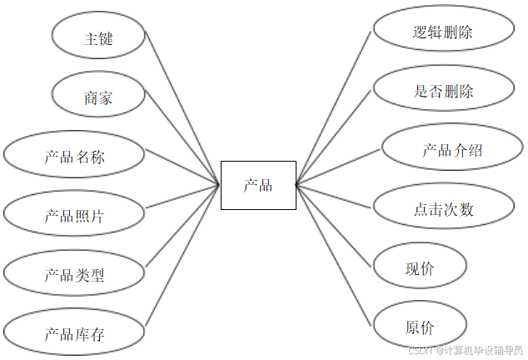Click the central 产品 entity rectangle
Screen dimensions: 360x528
[x=258, y=185]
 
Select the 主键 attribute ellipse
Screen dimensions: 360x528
[x=98, y=39]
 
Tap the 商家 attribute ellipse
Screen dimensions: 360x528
[x=98, y=97]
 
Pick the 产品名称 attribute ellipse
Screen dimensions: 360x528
[x=75, y=157]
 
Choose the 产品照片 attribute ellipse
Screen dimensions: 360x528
[x=75, y=215]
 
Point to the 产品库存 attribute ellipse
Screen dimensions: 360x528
[x=75, y=334]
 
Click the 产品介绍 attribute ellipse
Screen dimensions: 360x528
[x=452, y=150]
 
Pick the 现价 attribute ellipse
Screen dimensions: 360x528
[x=420, y=268]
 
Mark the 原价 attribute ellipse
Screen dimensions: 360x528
[x=420, y=327]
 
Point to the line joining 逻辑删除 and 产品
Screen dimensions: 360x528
[x=333, y=107]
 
